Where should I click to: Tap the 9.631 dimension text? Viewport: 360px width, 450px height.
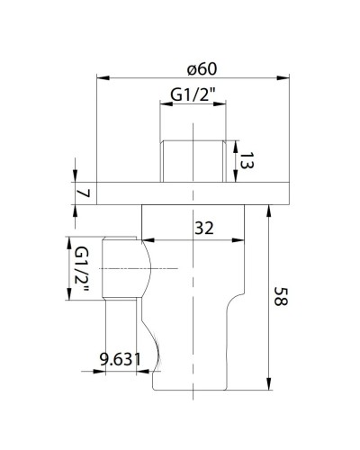point(120,359)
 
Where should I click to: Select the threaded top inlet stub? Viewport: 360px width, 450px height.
point(194,159)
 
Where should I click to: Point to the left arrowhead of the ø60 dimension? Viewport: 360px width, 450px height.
point(100,78)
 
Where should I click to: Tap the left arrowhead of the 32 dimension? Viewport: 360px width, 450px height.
point(147,240)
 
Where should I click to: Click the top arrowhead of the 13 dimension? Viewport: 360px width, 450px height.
point(237,141)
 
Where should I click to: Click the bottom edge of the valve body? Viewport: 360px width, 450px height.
point(194,391)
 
